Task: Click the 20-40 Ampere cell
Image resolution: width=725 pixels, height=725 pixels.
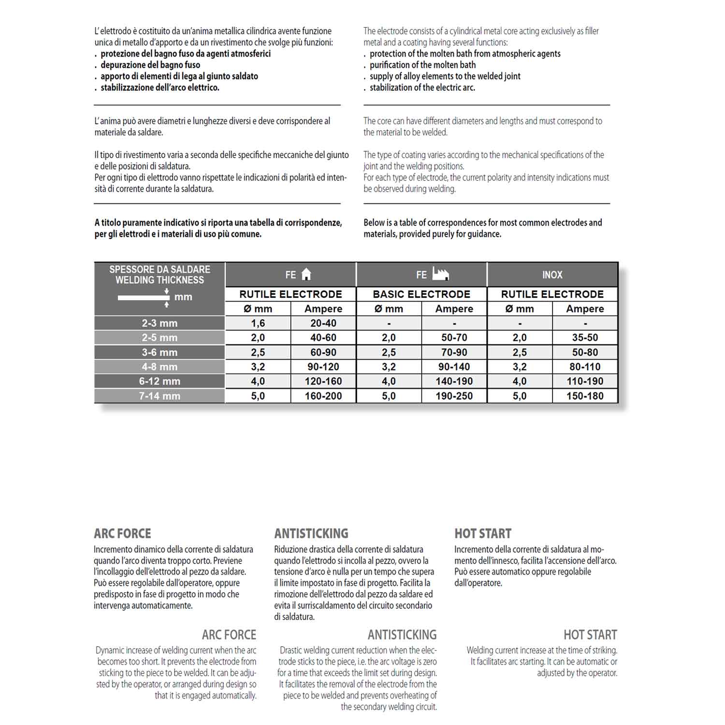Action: tap(323, 323)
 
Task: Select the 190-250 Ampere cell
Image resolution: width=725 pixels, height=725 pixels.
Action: tap(454, 396)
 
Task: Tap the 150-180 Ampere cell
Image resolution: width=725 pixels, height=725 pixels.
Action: tap(585, 396)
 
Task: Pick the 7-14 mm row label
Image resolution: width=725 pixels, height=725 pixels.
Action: tap(159, 396)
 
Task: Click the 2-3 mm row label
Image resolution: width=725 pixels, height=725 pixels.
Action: tap(159, 323)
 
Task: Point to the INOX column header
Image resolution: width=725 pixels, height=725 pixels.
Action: tap(552, 275)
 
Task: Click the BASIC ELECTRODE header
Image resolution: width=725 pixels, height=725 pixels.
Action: tap(421, 294)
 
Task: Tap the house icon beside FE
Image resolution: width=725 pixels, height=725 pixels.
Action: tap(306, 275)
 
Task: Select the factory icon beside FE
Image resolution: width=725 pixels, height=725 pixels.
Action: tap(440, 274)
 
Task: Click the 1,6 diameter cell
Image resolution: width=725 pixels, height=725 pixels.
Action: tap(258, 323)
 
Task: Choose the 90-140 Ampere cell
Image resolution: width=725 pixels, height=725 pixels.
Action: tap(454, 367)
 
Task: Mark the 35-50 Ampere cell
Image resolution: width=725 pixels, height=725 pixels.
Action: tap(585, 337)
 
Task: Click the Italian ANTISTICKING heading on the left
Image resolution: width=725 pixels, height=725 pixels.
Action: tap(311, 534)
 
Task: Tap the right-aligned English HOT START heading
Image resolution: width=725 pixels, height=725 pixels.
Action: tap(590, 635)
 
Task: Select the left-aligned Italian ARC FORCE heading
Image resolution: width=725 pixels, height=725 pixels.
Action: tap(122, 534)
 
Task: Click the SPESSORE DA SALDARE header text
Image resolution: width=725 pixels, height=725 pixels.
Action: tap(159, 269)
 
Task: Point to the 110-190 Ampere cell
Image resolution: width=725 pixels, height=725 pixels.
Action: tap(585, 381)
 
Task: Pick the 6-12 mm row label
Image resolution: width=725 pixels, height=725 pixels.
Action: tap(159, 381)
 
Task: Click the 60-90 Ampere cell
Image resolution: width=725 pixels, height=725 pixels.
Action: tap(323, 352)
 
